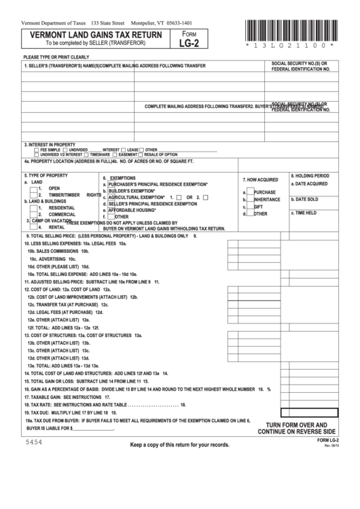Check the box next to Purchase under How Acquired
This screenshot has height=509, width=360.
point(251,192)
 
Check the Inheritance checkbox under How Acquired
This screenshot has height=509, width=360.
point(251,200)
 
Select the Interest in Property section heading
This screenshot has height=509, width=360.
point(50,145)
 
